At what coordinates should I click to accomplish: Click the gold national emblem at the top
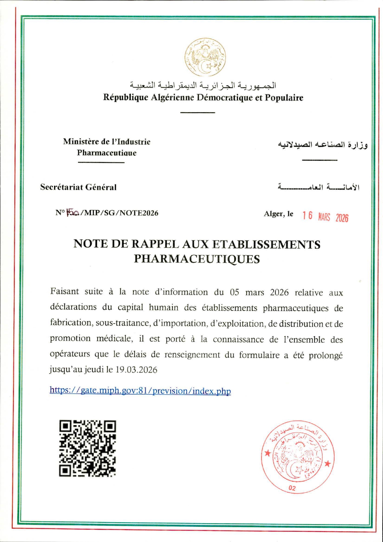(205, 57)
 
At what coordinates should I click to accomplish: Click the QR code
(87, 448)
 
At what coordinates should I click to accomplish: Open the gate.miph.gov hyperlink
(140, 391)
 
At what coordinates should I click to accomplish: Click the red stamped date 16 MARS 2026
(325, 217)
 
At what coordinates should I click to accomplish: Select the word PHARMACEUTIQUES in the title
(197, 259)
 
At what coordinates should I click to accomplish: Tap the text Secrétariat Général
(79, 187)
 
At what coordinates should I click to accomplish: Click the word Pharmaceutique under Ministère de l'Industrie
(107, 153)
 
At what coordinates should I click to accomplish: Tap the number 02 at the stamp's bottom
(292, 488)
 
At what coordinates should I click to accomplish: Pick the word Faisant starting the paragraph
(65, 291)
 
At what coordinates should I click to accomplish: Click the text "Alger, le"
(278, 214)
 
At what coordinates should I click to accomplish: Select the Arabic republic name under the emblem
(203, 85)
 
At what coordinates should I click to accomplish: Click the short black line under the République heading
(198, 112)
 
